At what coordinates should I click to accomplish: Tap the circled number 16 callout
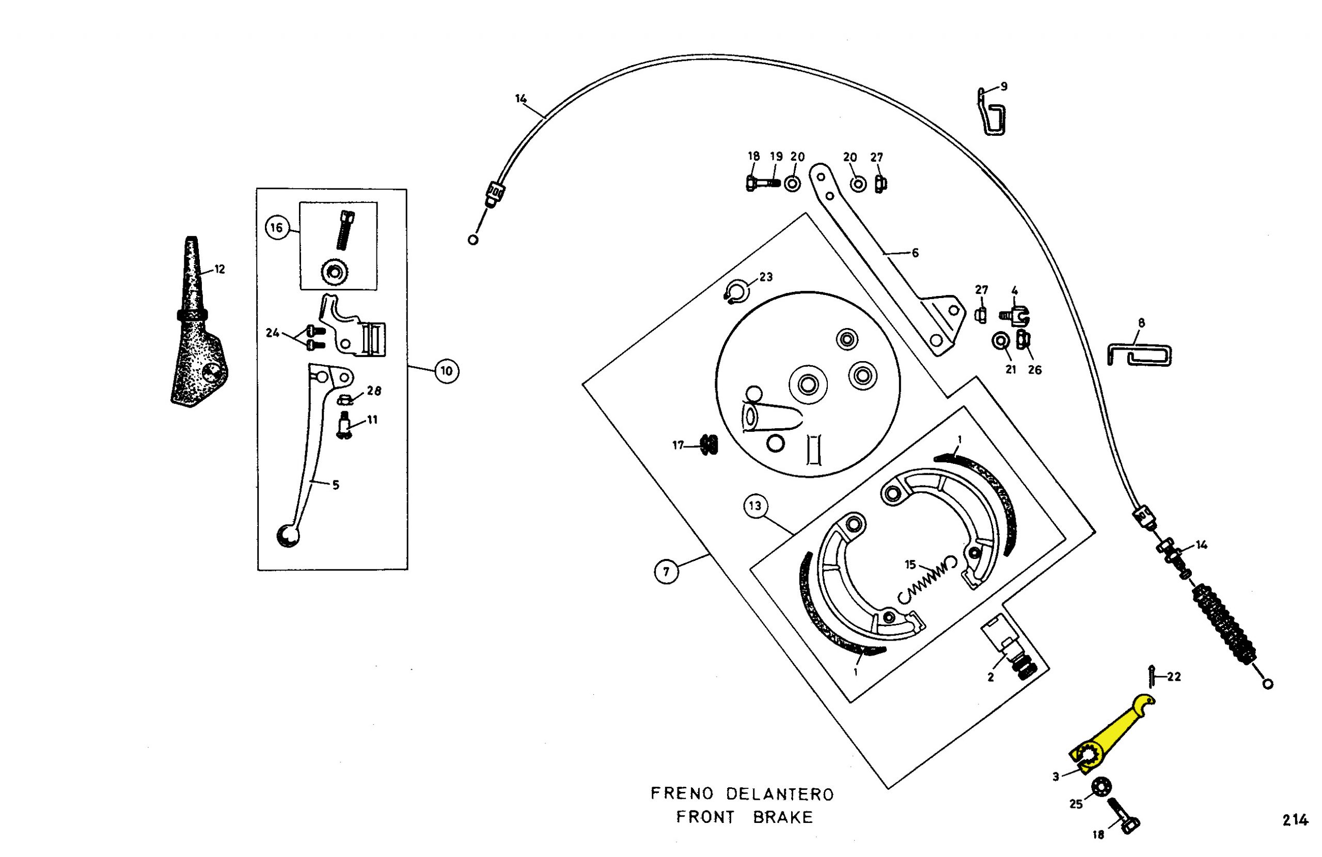point(276,227)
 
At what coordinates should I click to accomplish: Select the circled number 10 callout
point(447,371)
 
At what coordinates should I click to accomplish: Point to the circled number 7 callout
point(666,572)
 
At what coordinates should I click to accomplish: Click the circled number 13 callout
point(755,506)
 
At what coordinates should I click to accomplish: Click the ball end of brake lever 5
point(288,536)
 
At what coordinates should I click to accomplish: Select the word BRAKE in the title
point(783,818)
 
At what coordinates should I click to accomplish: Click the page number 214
point(1295,820)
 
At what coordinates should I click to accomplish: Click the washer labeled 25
point(1100,787)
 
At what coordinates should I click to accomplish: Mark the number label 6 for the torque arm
point(915,253)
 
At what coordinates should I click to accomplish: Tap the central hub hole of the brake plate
point(808,384)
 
